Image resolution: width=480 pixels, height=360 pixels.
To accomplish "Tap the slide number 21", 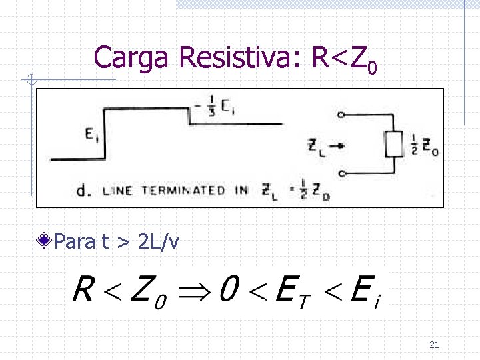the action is pos(434,345).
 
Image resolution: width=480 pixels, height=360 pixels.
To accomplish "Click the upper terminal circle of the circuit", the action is pos(341,115).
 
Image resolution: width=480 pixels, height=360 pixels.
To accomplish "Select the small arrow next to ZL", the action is pos(337,145).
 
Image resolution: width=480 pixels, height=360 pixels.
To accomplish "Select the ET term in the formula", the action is pos(291,291).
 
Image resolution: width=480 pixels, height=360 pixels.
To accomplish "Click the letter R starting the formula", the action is pos(83,289).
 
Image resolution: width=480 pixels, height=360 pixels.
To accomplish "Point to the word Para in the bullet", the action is pos(75,241).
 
